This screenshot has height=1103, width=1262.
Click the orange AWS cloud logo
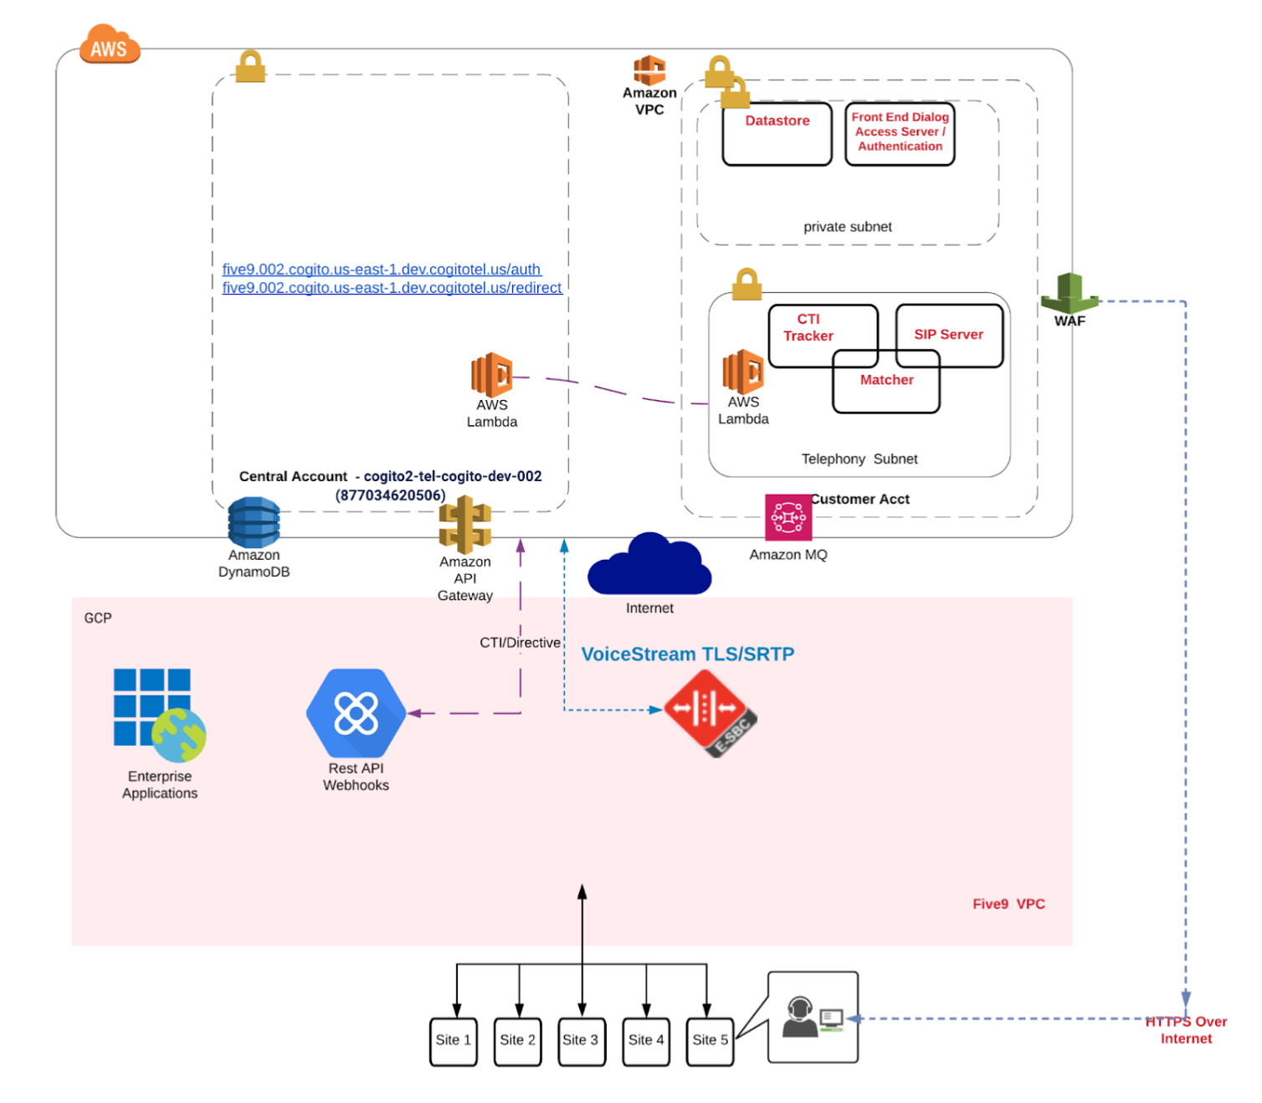pos(109,45)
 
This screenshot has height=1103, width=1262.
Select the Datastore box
pos(777,134)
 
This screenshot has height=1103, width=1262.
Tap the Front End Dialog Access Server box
pos(900,134)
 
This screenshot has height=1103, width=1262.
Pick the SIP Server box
pos(948,335)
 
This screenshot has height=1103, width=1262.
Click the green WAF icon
pos(1069,294)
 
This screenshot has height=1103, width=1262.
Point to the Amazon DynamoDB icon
pos(254,522)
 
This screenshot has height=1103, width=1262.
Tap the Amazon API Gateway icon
pos(464,525)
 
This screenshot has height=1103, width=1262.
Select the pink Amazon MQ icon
pos(787,517)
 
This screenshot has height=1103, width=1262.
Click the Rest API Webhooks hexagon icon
pos(356,713)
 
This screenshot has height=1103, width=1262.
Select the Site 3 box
pos(580,1041)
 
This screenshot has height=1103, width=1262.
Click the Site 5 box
pos(710,1041)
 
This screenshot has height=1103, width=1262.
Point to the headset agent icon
pos(801,1016)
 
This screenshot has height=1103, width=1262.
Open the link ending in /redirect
pos(392,288)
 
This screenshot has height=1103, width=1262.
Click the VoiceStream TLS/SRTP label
pos(687,654)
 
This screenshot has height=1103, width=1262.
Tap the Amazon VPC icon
pos(649,70)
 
